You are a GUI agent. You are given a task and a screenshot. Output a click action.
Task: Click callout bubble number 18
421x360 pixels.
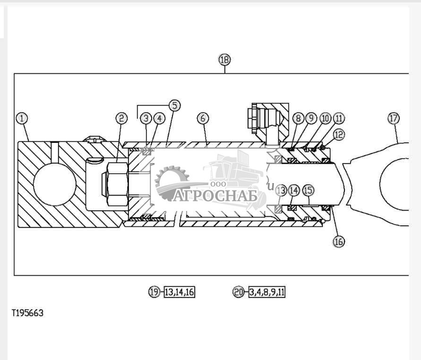[x=224, y=60]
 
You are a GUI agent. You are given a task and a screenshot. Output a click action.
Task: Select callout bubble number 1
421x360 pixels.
[x=22, y=118]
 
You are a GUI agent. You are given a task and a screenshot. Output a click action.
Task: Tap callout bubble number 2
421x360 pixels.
[x=121, y=118]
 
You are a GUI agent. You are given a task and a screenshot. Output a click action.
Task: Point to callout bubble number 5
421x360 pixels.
[x=175, y=105]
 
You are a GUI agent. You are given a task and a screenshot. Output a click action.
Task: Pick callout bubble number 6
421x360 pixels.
[x=203, y=118]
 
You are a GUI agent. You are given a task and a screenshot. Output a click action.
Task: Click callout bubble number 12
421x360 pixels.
[x=339, y=134]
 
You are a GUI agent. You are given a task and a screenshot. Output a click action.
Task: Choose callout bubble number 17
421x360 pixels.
[x=394, y=118]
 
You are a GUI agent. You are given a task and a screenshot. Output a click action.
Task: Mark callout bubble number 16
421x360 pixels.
[x=338, y=242]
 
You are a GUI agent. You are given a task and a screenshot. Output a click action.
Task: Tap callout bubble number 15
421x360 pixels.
[x=308, y=190]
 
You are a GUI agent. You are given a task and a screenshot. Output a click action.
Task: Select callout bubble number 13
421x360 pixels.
[x=281, y=190]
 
